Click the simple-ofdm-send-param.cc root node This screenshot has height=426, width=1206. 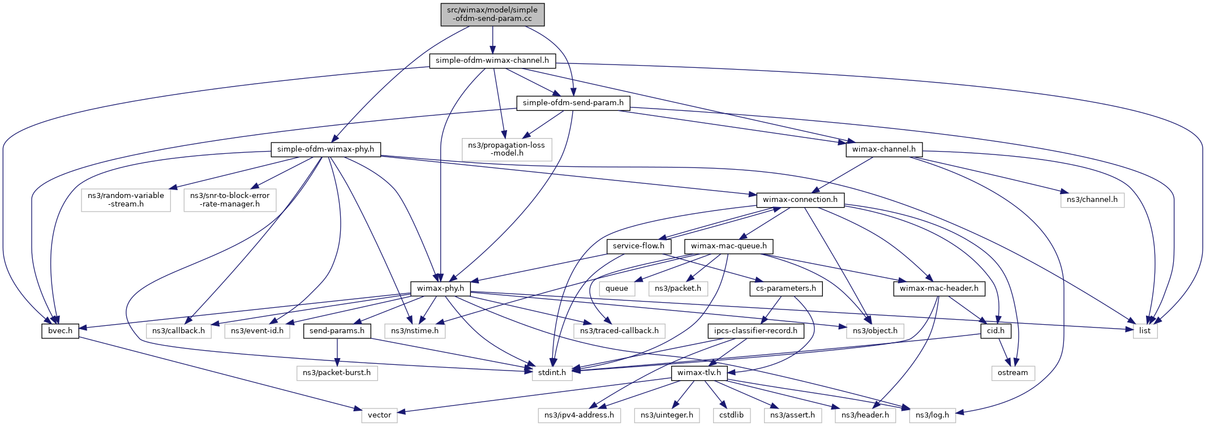(x=493, y=14)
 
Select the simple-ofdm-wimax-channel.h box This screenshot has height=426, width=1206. (x=492, y=61)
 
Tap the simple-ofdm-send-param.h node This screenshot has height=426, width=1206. (x=573, y=103)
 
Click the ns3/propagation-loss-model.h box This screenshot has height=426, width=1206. (x=507, y=149)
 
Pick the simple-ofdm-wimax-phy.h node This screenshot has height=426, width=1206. (x=325, y=149)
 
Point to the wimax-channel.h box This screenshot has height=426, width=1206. (x=884, y=149)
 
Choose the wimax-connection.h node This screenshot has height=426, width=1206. (x=800, y=200)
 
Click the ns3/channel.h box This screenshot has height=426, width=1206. (x=1092, y=200)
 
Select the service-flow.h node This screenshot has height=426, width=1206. (x=639, y=246)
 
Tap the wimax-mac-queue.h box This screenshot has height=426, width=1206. (x=729, y=246)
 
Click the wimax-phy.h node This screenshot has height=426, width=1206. (x=440, y=289)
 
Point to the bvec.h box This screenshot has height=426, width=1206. (x=60, y=331)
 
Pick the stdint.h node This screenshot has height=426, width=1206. (x=552, y=373)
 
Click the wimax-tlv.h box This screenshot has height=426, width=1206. (x=699, y=373)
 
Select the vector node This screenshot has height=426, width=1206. (x=380, y=415)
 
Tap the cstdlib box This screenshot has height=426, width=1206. (x=732, y=415)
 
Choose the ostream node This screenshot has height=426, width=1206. (x=1013, y=373)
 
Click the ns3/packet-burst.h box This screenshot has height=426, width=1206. (x=337, y=373)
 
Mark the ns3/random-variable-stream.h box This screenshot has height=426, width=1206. (x=126, y=200)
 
